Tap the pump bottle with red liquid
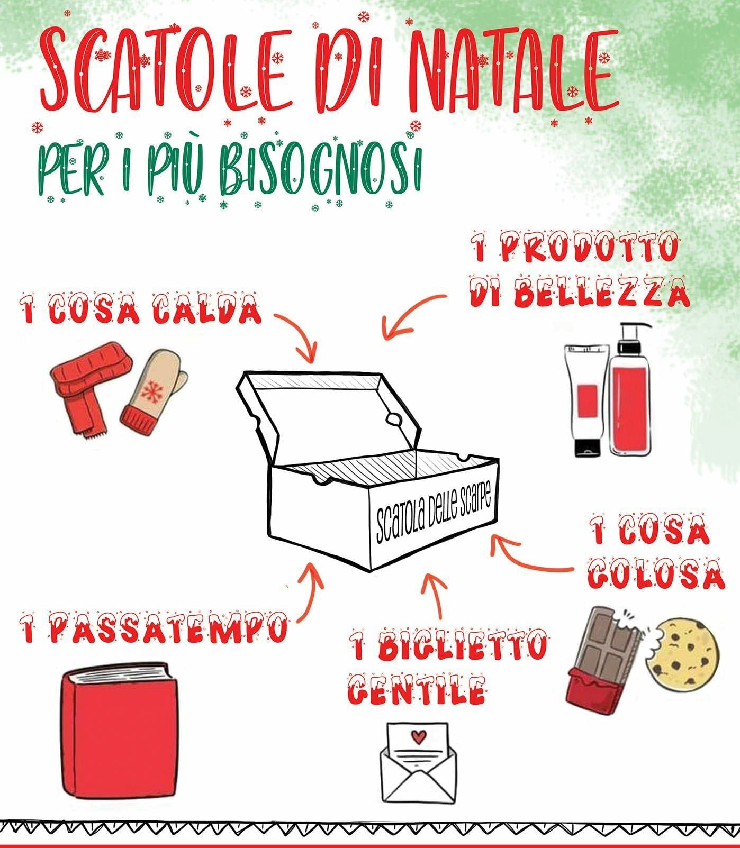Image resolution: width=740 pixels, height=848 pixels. (630, 391)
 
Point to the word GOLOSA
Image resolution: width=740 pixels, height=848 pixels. (657, 573)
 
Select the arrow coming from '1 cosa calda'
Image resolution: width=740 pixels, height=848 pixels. (299, 331)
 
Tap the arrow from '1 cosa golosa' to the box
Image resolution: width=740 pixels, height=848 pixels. (529, 558)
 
